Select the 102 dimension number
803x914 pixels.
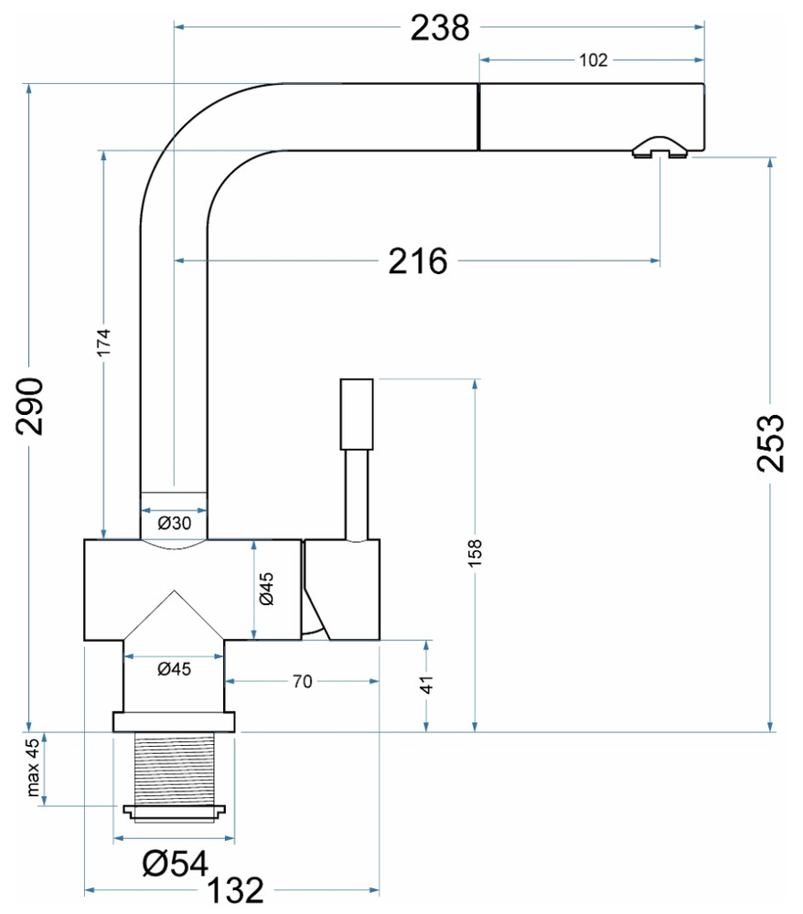[x=594, y=60]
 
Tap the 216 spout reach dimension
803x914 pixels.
[x=418, y=262]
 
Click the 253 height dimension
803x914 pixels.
[x=770, y=442]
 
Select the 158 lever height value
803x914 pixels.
[x=474, y=554]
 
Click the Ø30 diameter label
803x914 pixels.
[x=173, y=523]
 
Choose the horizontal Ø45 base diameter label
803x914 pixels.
[x=173, y=669]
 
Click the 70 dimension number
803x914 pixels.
[x=302, y=681]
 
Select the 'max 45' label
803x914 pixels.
[x=33, y=768]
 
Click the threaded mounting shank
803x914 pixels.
[x=174, y=768]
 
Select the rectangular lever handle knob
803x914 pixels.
[x=357, y=413]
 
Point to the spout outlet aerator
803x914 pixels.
[x=659, y=148]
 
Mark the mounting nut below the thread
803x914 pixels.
[x=174, y=810]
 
